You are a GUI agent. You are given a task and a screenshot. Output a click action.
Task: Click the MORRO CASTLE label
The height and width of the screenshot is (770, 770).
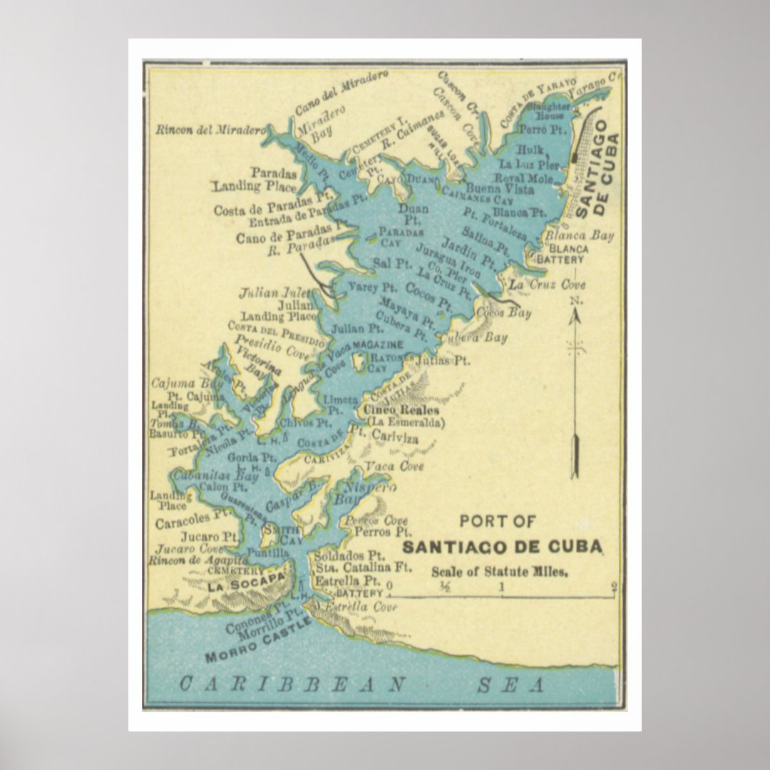tap(258, 640)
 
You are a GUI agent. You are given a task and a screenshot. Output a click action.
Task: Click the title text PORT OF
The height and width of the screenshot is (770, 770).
tap(497, 521)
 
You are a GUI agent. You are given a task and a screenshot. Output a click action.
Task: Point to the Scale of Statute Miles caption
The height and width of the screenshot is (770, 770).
tap(500, 571)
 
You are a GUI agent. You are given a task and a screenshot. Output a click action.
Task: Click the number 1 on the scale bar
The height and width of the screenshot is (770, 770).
tap(502, 587)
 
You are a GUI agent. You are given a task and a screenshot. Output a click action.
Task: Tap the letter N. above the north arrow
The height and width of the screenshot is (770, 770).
tap(575, 301)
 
